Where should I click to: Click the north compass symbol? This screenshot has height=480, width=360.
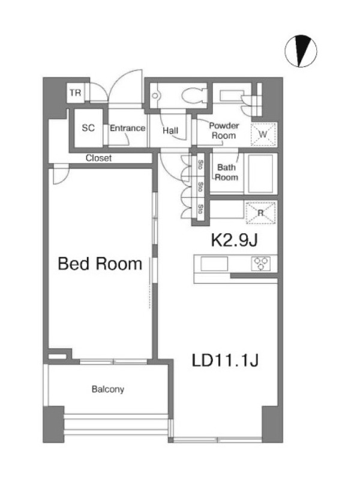(301, 51)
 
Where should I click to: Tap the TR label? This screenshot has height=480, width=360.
(76, 92)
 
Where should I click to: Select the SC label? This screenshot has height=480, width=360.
(88, 128)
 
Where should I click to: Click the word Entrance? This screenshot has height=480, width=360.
(127, 128)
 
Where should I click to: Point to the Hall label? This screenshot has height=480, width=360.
(170, 131)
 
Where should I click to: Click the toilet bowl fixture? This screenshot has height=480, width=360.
(194, 95)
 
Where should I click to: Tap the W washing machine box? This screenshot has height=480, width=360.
(263, 134)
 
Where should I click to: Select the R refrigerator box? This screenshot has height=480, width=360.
(260, 212)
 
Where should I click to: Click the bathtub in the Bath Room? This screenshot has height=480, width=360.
(260, 173)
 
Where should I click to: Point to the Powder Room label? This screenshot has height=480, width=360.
(224, 131)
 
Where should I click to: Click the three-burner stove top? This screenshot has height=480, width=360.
(261, 263)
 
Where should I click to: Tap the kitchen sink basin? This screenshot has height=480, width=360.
(214, 264)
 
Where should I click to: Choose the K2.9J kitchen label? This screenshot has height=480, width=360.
(234, 241)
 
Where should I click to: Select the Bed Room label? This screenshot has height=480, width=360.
(100, 263)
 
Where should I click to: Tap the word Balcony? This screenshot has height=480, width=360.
(108, 389)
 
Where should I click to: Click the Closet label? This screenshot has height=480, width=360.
(98, 158)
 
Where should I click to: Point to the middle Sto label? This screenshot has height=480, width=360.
(200, 187)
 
